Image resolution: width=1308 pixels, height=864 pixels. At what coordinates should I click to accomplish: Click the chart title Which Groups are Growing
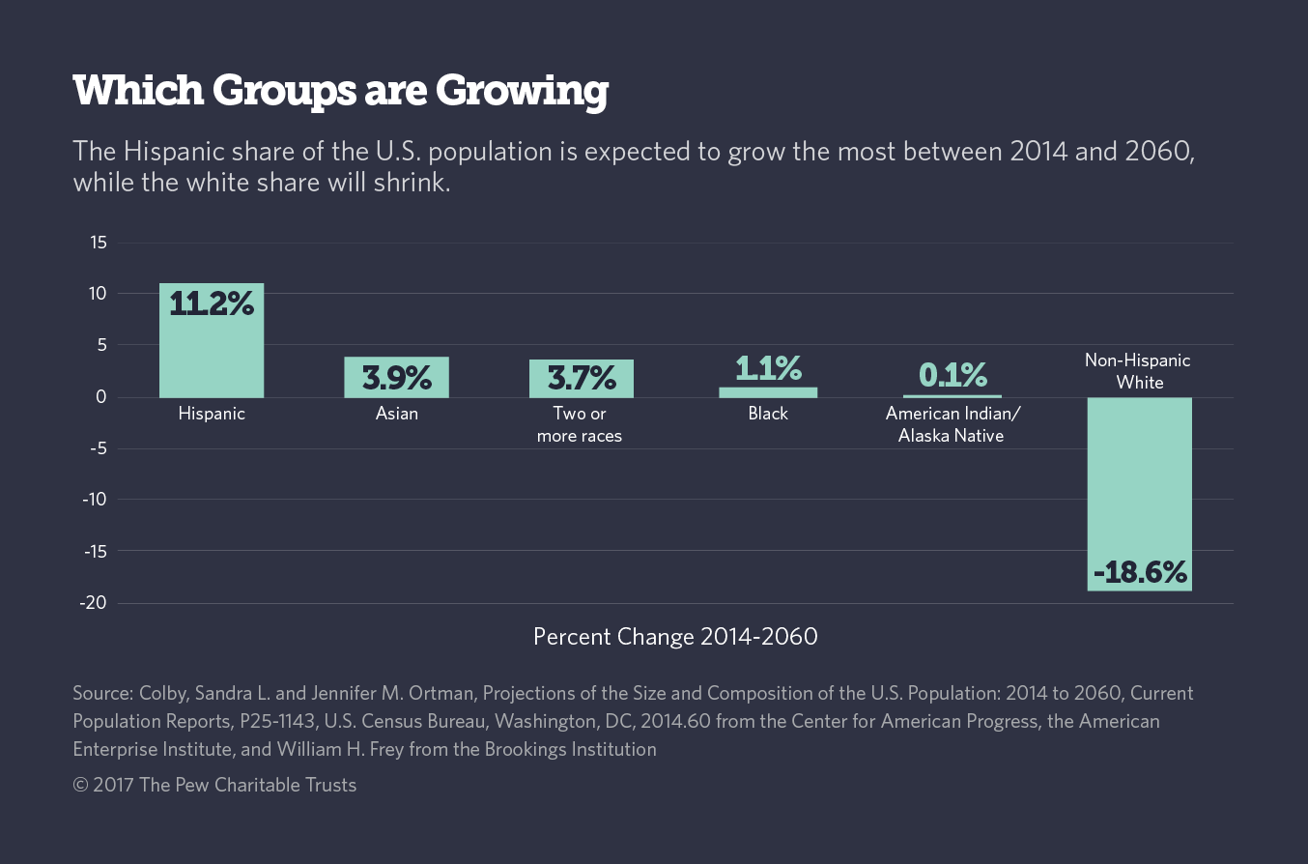(x=340, y=92)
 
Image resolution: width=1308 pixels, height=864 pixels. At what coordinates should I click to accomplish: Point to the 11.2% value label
(x=212, y=303)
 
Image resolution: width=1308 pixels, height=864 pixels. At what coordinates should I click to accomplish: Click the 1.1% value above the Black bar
(x=768, y=368)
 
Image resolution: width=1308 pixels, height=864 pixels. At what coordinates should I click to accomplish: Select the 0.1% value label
(x=953, y=374)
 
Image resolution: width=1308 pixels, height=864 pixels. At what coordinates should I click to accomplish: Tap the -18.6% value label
(x=1140, y=572)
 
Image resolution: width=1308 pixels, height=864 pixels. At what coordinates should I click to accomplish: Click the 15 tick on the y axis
(x=99, y=242)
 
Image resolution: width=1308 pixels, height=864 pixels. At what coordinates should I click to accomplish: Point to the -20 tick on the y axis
(x=95, y=603)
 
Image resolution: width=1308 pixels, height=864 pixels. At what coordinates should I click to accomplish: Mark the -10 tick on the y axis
(x=95, y=500)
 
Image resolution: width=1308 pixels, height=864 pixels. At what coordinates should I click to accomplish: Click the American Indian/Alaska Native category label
(x=953, y=424)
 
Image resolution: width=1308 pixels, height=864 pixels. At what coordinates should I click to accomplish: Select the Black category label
(x=768, y=414)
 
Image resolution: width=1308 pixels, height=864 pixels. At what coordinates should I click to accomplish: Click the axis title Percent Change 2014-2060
(x=675, y=637)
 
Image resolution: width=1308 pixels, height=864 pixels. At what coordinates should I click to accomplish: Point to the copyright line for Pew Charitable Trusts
(x=214, y=785)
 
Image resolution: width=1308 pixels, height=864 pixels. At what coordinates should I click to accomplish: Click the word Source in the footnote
(x=102, y=693)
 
